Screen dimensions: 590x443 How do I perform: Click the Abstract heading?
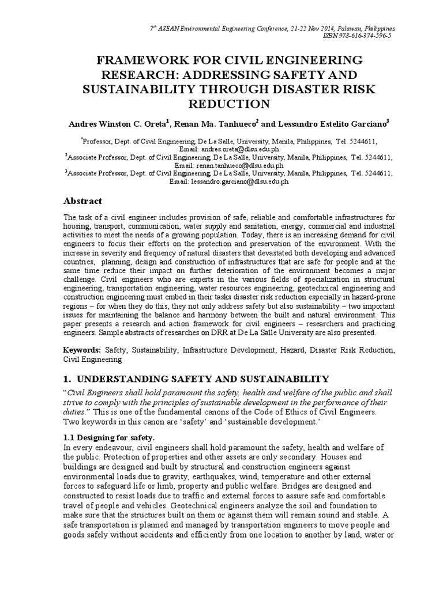pyautogui.click(x=82, y=201)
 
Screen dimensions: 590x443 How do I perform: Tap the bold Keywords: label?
pyautogui.click(x=82, y=350)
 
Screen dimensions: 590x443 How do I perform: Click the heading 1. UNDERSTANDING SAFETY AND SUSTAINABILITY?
pyautogui.click(x=196, y=379)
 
